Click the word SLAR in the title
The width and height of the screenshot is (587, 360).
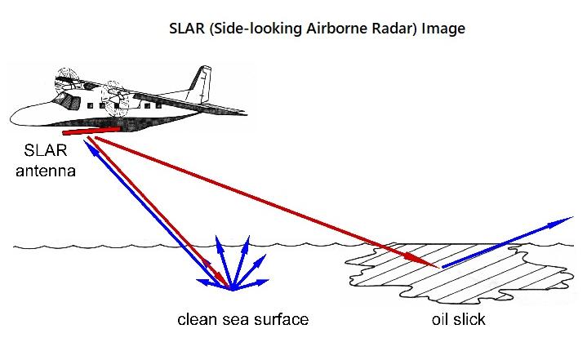tap(187, 29)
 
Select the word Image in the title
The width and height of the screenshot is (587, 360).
tap(443, 29)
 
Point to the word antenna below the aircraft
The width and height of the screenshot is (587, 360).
tap(46, 171)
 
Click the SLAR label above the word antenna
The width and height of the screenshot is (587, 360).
tap(46, 150)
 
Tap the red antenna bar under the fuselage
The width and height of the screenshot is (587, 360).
tap(91, 131)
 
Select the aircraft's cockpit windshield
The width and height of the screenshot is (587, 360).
tap(65, 99)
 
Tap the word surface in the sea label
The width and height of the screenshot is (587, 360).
tap(281, 319)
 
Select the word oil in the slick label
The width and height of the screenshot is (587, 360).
tap(440, 319)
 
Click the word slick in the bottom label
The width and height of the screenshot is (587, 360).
tap(469, 319)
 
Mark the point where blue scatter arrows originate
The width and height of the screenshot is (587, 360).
tap(232, 289)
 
